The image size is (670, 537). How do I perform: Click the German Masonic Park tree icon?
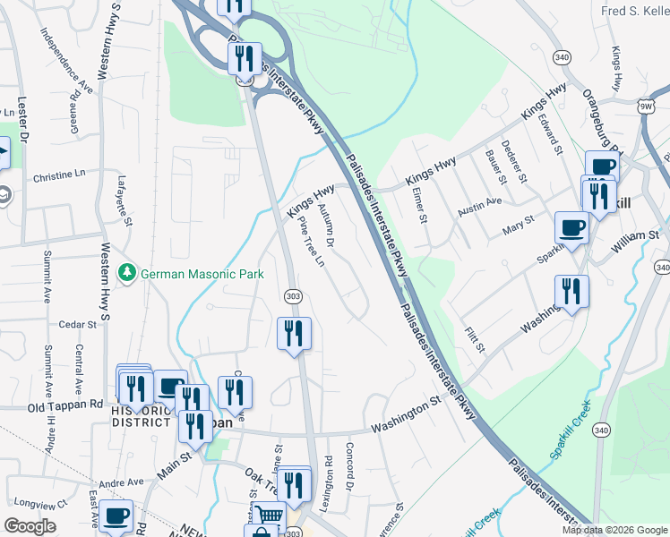coord(127,271)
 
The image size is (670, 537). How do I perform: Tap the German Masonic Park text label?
coord(202,273)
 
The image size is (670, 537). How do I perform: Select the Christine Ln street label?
coord(64,176)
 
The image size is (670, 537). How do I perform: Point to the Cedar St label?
coord(78,324)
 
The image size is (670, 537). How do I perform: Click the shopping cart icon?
coord(269,516)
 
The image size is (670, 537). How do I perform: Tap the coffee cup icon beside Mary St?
coord(571,227)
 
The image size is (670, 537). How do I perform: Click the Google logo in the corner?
coord(30,526)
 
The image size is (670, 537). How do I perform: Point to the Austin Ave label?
coord(480,206)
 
